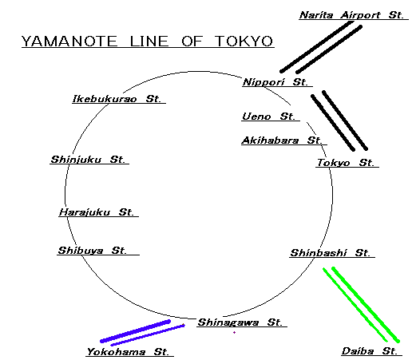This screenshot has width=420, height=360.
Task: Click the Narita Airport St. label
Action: coord(351,14)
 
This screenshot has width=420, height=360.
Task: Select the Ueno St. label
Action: coord(268,117)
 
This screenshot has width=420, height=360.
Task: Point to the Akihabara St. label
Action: coord(282,140)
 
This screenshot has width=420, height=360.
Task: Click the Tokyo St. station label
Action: coord(345,163)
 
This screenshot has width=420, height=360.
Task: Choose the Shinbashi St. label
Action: coord(330,252)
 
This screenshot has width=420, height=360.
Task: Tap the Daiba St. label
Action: coord(370,351)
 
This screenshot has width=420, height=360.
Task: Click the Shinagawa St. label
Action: coord(240,322)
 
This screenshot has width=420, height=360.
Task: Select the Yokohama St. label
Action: coord(128,351)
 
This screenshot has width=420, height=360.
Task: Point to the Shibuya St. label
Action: coord(92,251)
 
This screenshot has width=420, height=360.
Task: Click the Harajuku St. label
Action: coord(96,212)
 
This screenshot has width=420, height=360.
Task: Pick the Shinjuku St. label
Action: coord(88,160)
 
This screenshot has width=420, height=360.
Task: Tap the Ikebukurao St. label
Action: coord(117,98)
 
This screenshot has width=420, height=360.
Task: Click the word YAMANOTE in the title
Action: coord(69,42)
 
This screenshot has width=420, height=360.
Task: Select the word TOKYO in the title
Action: coord(244,42)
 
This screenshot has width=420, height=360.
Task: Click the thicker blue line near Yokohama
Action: coord(135,331)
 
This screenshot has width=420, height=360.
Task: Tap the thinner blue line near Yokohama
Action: coord(148,335)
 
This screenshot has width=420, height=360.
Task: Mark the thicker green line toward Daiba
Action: coord(366,304)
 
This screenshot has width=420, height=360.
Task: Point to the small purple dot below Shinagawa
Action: coord(235,332)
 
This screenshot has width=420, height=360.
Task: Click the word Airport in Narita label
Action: coord(360,14)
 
